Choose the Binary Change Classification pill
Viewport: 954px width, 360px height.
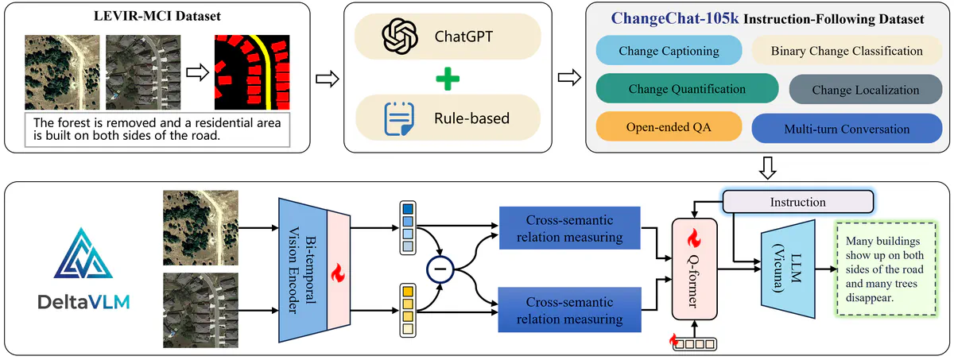(846, 52)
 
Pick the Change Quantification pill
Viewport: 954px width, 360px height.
(686, 89)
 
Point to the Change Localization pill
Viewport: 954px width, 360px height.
(864, 90)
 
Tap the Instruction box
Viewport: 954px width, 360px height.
(798, 203)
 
